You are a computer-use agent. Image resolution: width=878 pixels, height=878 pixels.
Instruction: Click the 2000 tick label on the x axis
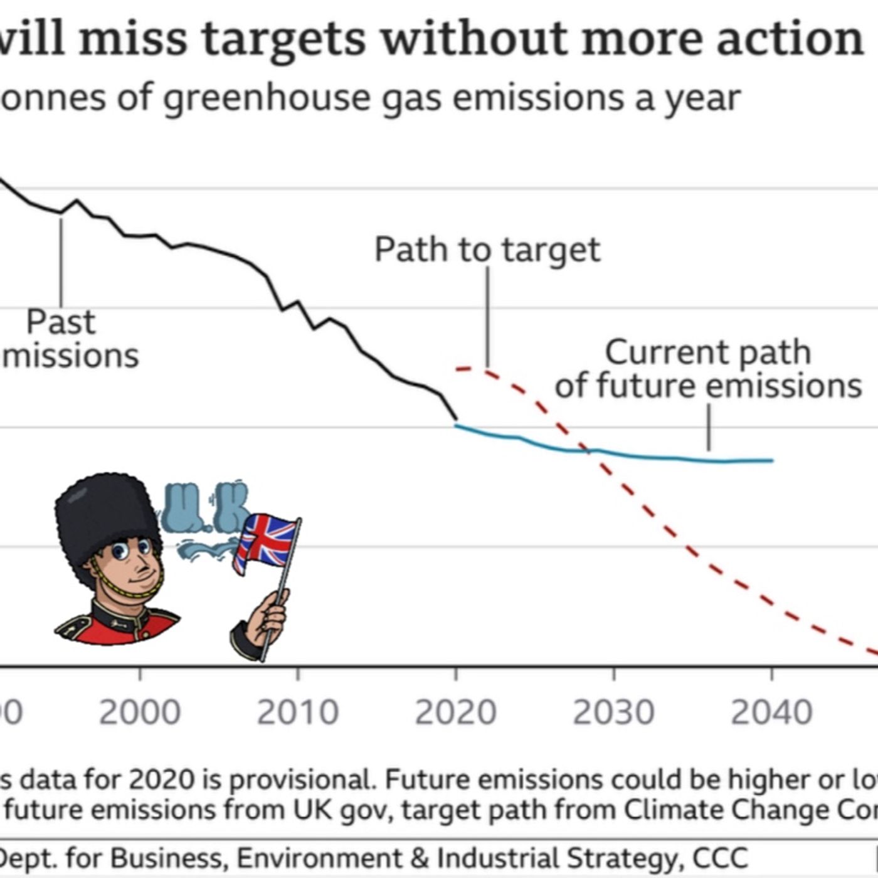click(140, 712)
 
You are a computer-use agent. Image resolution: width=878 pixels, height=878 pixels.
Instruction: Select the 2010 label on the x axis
click(298, 712)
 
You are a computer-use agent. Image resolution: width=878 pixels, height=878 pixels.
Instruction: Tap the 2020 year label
click(456, 712)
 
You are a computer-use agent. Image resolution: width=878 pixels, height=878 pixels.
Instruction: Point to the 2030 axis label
click(613, 712)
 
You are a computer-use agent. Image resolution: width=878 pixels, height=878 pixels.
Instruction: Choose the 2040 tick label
click(771, 712)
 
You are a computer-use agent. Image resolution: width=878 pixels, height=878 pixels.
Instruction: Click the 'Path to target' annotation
click(487, 250)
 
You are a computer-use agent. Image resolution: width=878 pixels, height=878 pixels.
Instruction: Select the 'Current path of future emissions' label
click(708, 369)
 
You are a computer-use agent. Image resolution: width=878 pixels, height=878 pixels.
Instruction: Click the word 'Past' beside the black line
click(61, 322)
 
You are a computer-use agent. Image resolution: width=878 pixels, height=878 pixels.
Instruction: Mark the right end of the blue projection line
click(772, 460)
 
